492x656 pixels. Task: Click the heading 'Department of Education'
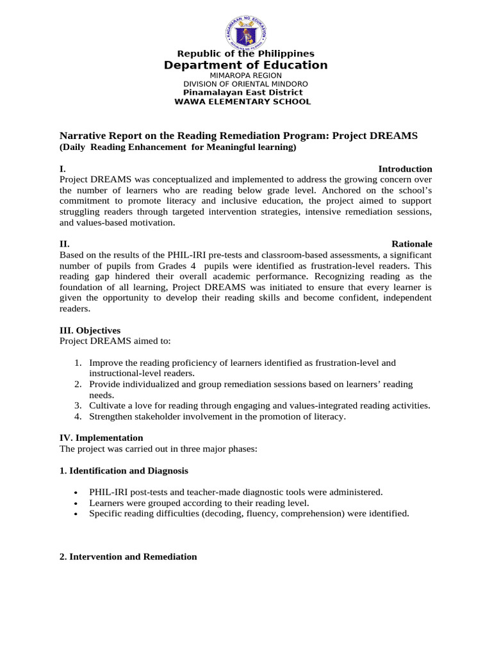[x=245, y=65]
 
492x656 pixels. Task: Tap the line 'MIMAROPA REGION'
[x=245, y=76]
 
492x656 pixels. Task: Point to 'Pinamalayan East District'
[x=243, y=93]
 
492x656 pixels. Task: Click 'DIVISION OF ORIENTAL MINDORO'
[x=245, y=84]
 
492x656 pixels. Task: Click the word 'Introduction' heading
[x=405, y=169]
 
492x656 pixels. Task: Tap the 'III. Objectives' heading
[x=90, y=331]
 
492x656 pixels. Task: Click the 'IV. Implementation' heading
[x=101, y=438]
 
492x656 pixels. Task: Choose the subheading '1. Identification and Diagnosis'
[x=124, y=471]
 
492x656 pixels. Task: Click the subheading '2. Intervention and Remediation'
[x=128, y=557]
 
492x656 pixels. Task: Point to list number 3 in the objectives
[x=77, y=406]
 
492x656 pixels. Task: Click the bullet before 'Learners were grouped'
[x=77, y=504]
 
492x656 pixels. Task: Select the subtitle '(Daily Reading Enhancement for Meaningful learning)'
[x=178, y=147]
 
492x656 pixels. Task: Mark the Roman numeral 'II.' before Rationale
[x=64, y=244]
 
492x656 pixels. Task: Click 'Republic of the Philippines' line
[x=245, y=54]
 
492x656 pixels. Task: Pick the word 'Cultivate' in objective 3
[x=107, y=406]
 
